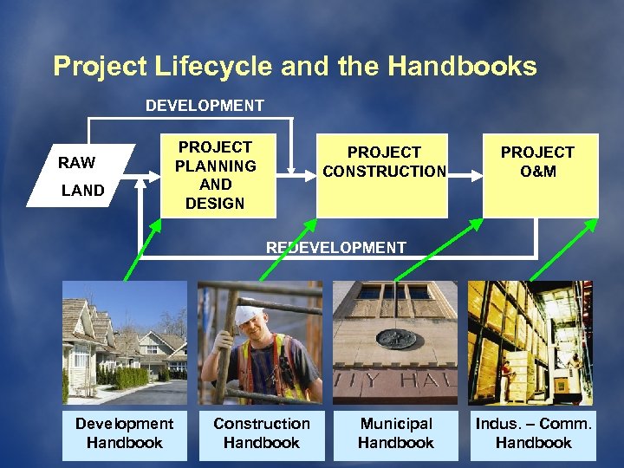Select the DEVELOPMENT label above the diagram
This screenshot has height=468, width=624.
pos(205,106)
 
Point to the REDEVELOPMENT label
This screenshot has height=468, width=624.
pos(335,247)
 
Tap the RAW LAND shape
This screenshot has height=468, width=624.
pos(82,176)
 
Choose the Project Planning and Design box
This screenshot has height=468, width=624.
pos(215,176)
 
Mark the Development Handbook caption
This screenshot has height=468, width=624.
pos(124,433)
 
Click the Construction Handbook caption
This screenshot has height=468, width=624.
pos(261,433)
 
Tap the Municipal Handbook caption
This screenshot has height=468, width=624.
pos(396,433)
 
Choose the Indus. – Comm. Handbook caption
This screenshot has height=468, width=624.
pos(533,433)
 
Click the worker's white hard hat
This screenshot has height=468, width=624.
pos(250,313)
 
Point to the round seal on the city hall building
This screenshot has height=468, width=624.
pos(398,339)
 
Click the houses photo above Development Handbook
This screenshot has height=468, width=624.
pos(124,343)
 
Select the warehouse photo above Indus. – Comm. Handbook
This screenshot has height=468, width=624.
pos(530,343)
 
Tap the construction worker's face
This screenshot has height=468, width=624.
pos(251,330)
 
